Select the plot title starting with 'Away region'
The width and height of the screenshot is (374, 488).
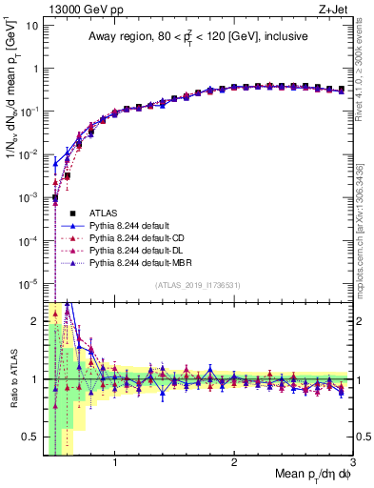[x=197, y=37]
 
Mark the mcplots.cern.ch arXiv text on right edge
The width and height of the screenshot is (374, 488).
[x=364, y=219]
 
